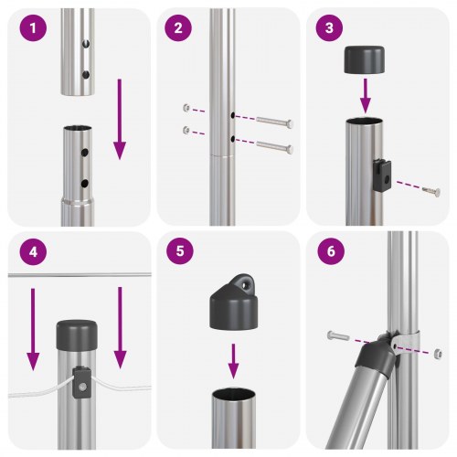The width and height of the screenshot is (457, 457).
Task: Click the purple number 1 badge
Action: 33,28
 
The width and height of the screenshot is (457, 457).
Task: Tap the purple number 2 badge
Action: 178,28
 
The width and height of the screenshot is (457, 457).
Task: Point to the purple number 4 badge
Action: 33,253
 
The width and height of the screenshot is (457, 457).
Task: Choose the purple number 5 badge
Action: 178,253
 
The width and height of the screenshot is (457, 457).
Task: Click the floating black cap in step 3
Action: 364,61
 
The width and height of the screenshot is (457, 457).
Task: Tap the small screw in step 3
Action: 430,190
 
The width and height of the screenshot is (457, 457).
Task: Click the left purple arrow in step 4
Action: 32,329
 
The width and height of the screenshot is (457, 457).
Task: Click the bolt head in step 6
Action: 333,335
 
